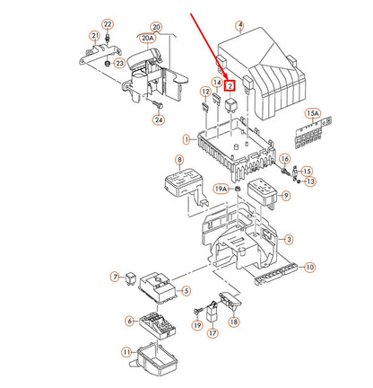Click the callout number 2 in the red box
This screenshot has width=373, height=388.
click(230, 86)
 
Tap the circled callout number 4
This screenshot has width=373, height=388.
click(239, 27)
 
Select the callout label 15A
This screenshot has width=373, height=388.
click(313, 113)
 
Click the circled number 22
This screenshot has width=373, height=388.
click(108, 23)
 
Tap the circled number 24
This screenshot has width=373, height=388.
click(159, 119)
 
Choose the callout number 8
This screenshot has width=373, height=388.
click(178, 160)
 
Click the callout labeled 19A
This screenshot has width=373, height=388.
click(221, 190)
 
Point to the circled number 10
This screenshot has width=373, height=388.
click(309, 268)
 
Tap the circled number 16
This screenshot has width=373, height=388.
click(284, 158)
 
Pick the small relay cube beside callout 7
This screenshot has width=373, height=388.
click(133, 277)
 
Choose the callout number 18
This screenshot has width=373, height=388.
click(234, 322)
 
